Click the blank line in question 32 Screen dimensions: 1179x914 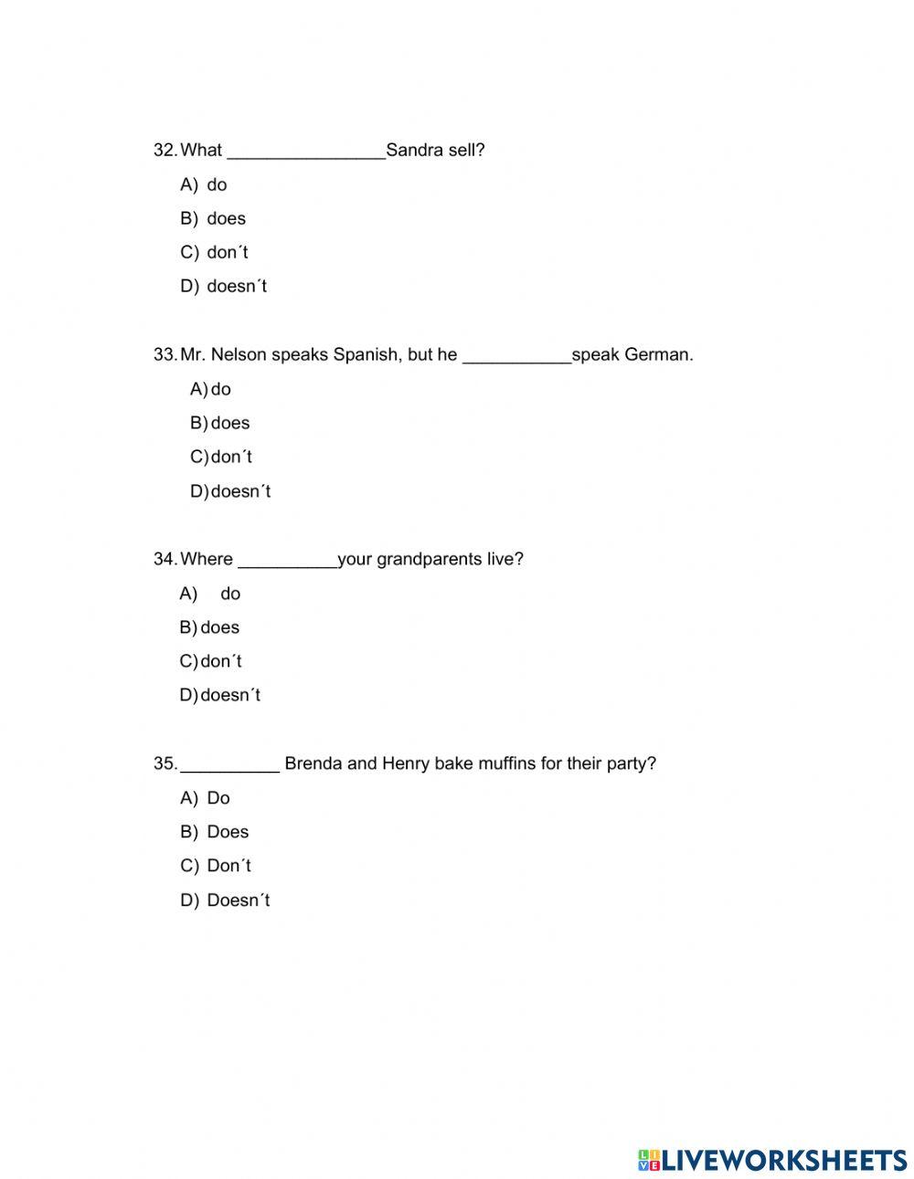point(305,152)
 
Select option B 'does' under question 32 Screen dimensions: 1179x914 point(226,218)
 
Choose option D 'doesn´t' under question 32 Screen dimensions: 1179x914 point(237,286)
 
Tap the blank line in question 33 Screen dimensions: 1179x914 point(516,356)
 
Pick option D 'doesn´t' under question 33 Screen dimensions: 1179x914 point(240,491)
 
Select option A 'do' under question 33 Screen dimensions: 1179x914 point(220,389)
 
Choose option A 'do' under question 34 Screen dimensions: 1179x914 point(230,594)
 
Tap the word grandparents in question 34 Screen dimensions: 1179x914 point(429,559)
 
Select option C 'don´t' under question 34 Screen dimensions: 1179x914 point(221,661)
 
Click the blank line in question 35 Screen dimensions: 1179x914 point(230,765)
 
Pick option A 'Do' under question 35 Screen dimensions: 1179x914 point(218,798)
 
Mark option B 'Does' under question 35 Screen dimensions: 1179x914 point(228,832)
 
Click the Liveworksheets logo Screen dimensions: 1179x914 point(771,1160)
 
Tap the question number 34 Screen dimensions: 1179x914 point(165,559)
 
